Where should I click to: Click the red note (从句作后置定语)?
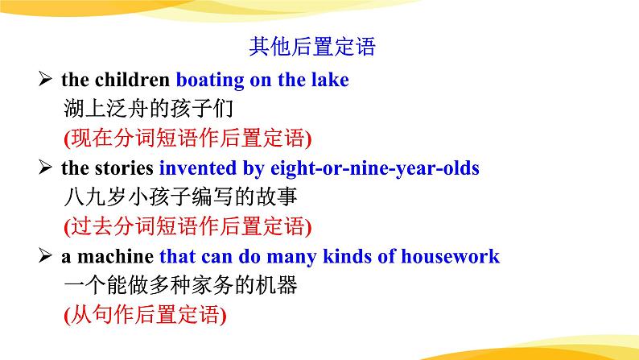click(x=145, y=315)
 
